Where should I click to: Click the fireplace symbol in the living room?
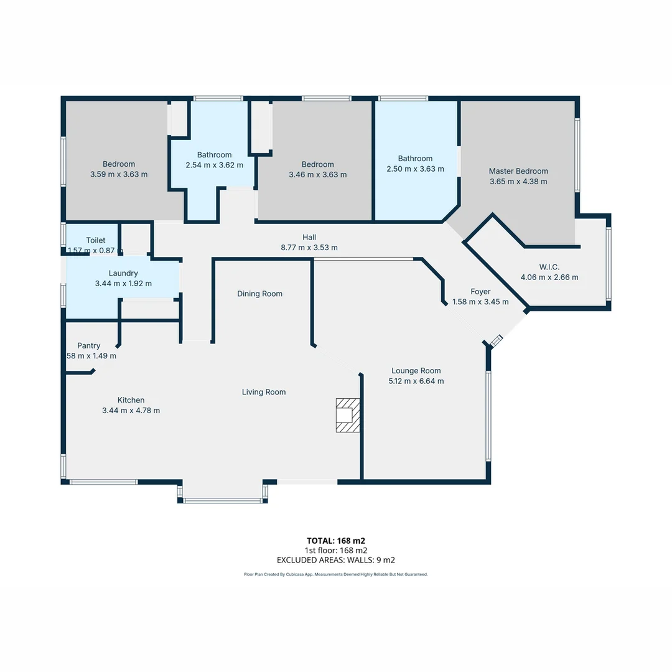coord(348,414)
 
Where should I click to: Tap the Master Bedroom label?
coord(518,171)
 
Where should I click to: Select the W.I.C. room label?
coord(549,267)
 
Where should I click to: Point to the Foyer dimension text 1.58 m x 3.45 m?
coord(480,302)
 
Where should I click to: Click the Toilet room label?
coord(96,240)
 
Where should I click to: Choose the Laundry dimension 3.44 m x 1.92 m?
coord(123,283)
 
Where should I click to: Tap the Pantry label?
coord(88,345)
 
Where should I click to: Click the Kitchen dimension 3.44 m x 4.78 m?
coord(131,410)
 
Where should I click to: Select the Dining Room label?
coord(259,294)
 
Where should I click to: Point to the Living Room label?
coord(264,392)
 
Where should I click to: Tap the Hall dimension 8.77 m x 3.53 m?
coord(309,247)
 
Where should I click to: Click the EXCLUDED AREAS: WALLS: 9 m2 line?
coord(336,560)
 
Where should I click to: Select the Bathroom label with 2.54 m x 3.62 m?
coord(214,155)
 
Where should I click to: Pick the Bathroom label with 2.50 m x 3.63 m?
coord(415,159)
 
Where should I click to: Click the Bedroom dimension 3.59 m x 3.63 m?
coord(119,174)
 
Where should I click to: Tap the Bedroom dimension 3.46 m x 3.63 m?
coord(318,174)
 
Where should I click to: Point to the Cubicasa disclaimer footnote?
coord(336,574)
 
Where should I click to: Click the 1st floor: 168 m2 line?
coord(336,550)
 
